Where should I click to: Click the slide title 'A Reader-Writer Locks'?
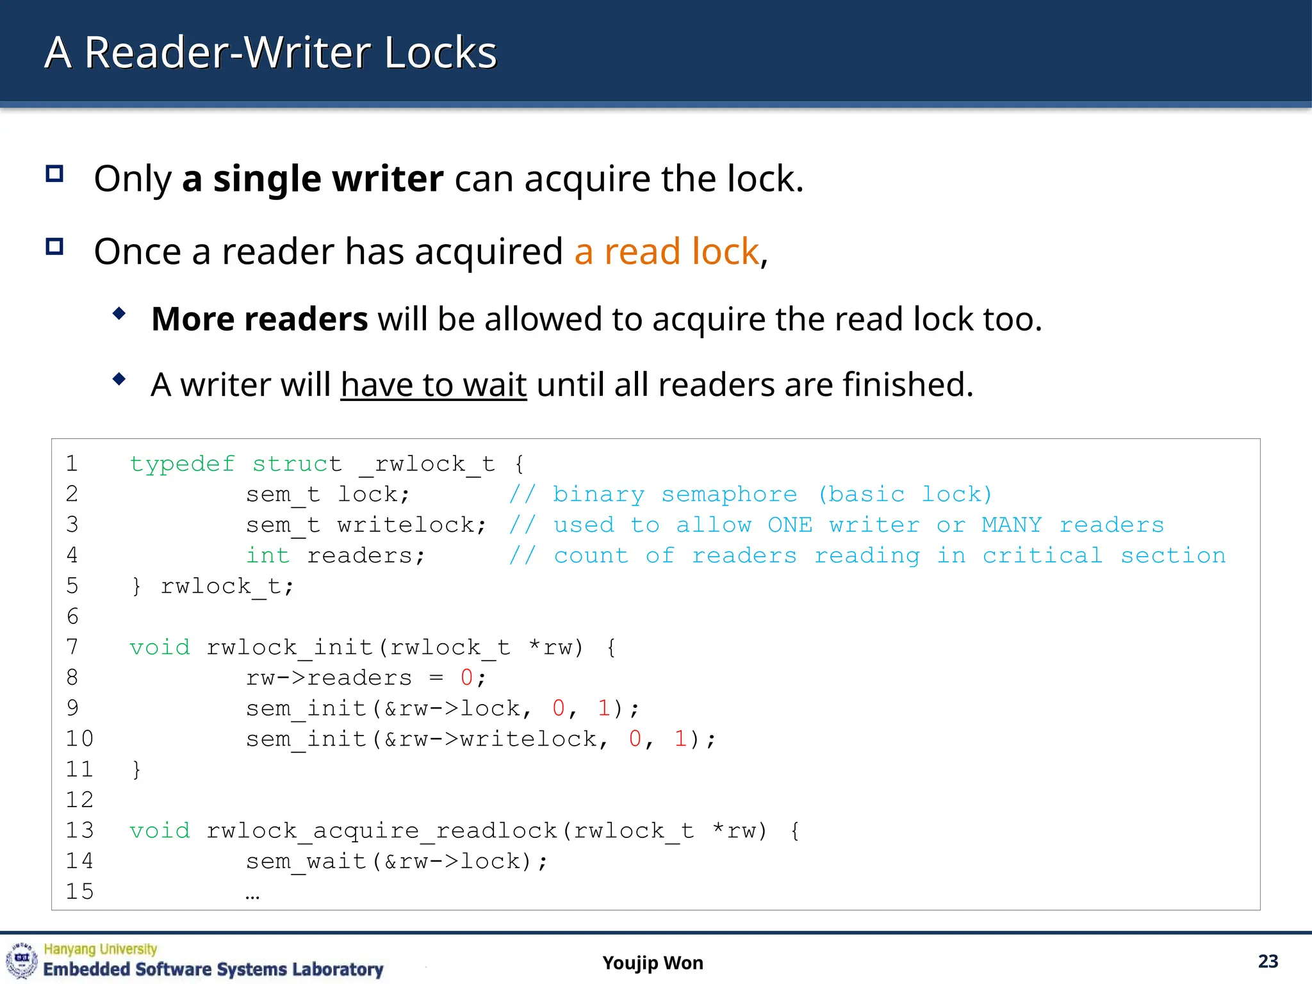click(x=270, y=53)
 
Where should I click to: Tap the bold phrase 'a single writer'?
click(x=313, y=179)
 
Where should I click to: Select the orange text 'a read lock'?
click(x=666, y=251)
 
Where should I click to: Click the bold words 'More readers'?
click(x=259, y=319)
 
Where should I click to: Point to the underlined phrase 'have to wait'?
click(x=434, y=385)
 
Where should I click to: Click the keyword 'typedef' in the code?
click(x=182, y=464)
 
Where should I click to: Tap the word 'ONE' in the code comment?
click(x=789, y=525)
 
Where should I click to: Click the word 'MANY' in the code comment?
click(x=1012, y=525)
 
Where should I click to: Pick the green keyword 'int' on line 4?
click(x=268, y=555)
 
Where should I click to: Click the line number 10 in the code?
click(x=79, y=739)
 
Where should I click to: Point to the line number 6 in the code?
click(x=72, y=616)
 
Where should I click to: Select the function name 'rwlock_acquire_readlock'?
click(x=381, y=831)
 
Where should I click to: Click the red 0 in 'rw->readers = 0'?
click(x=466, y=678)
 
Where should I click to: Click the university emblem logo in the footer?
click(x=22, y=961)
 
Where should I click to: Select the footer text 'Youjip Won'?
click(x=652, y=963)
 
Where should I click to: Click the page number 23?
click(x=1268, y=962)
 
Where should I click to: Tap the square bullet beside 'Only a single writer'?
click(x=54, y=174)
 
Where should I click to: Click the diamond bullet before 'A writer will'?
click(x=119, y=379)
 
